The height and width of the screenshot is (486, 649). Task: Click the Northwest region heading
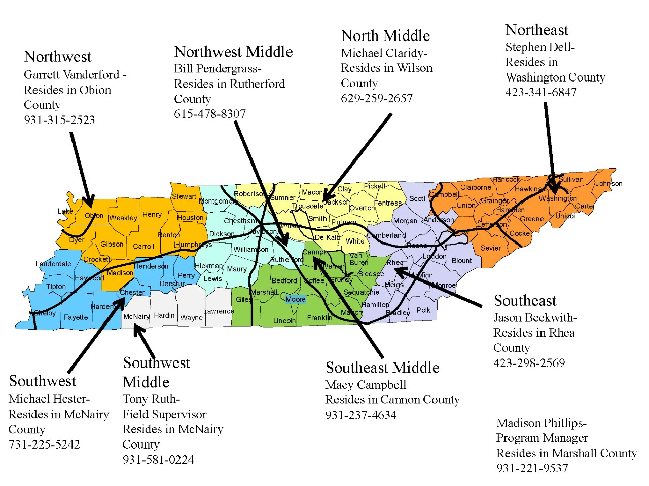click(x=58, y=57)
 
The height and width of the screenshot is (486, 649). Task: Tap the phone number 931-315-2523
click(x=59, y=120)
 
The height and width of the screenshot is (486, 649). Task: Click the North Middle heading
click(x=385, y=36)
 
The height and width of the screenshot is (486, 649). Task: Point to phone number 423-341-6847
click(x=540, y=92)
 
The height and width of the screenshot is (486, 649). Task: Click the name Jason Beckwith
click(x=534, y=318)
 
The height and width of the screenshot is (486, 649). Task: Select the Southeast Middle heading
click(x=382, y=368)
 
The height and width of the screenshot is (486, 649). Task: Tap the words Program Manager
click(x=542, y=438)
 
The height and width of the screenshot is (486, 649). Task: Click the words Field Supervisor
click(x=164, y=414)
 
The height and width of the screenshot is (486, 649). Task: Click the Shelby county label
click(x=45, y=313)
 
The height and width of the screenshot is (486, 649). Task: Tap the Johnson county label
click(x=609, y=183)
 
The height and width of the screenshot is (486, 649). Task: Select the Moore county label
click(x=295, y=299)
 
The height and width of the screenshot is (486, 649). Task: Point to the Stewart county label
click(x=184, y=196)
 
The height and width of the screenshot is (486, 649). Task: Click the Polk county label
click(x=423, y=310)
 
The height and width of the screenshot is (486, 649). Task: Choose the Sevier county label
click(x=490, y=248)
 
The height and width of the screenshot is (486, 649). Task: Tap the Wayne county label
click(x=191, y=318)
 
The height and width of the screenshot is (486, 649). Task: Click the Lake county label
click(x=65, y=211)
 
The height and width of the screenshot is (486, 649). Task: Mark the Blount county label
click(x=461, y=261)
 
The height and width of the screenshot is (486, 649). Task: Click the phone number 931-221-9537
click(x=532, y=468)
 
